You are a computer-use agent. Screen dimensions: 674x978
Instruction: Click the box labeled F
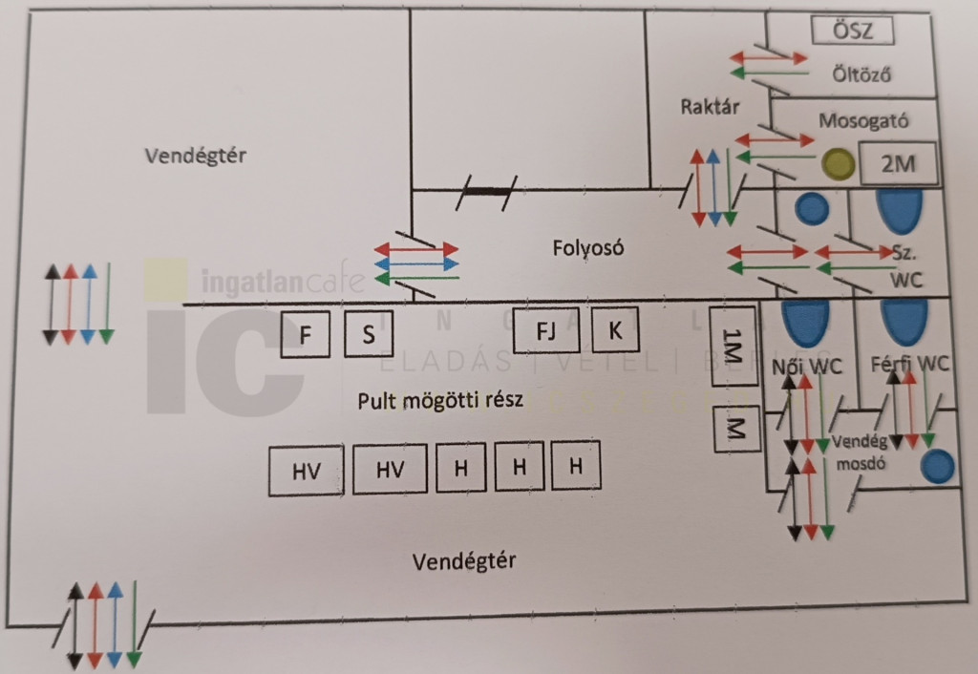306,334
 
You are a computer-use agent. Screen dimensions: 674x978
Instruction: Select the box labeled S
368,334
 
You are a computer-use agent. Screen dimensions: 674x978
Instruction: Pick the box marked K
615,330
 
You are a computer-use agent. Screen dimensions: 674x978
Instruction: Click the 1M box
733,346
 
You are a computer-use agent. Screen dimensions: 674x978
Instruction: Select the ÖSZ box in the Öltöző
855,31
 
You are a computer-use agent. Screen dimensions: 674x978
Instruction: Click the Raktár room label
711,106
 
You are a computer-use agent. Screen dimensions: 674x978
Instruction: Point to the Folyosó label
587,248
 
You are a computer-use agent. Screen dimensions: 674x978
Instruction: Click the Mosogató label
863,121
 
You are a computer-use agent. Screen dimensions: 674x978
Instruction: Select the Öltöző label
861,74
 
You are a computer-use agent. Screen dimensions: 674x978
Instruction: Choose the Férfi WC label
910,364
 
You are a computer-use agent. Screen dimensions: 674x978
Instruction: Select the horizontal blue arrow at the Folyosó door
416,263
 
